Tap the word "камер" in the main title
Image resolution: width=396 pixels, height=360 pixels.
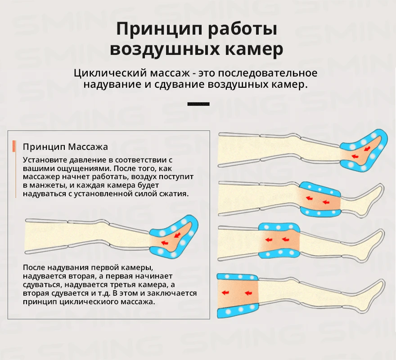point(251,49)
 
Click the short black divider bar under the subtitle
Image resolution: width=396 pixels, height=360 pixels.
point(198,104)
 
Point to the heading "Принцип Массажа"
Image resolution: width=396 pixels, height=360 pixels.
point(65,147)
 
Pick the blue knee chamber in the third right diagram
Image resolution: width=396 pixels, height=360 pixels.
point(279,227)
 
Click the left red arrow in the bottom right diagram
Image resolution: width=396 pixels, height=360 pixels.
point(225,292)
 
